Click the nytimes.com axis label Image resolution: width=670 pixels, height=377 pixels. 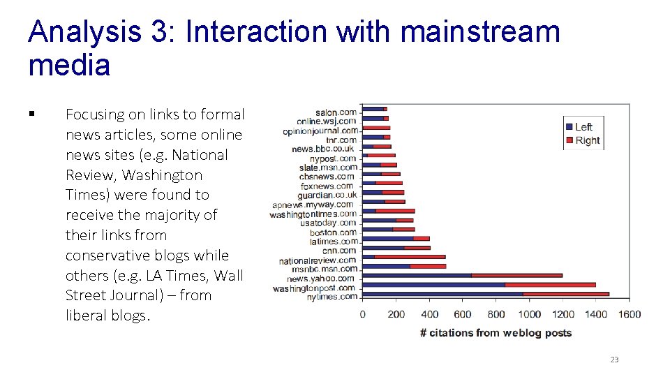[x=332, y=297]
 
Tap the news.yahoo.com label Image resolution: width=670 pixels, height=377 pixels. [x=321, y=279]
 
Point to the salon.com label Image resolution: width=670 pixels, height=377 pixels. [x=336, y=112]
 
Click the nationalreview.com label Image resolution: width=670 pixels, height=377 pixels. [x=318, y=260]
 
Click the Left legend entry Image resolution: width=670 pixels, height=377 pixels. [x=583, y=126]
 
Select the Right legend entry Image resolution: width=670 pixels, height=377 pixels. [x=587, y=140]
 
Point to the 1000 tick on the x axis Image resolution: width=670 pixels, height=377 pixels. [x=529, y=314]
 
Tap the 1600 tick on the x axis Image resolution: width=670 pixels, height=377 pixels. [x=629, y=314]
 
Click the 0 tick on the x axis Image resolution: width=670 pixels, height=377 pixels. [x=362, y=314]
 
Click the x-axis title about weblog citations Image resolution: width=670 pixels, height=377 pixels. [x=496, y=333]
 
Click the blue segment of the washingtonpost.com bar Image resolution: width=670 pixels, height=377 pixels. [x=433, y=285]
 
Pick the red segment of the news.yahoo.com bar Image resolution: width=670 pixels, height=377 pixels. [x=516, y=276]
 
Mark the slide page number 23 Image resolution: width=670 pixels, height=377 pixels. [x=614, y=360]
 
